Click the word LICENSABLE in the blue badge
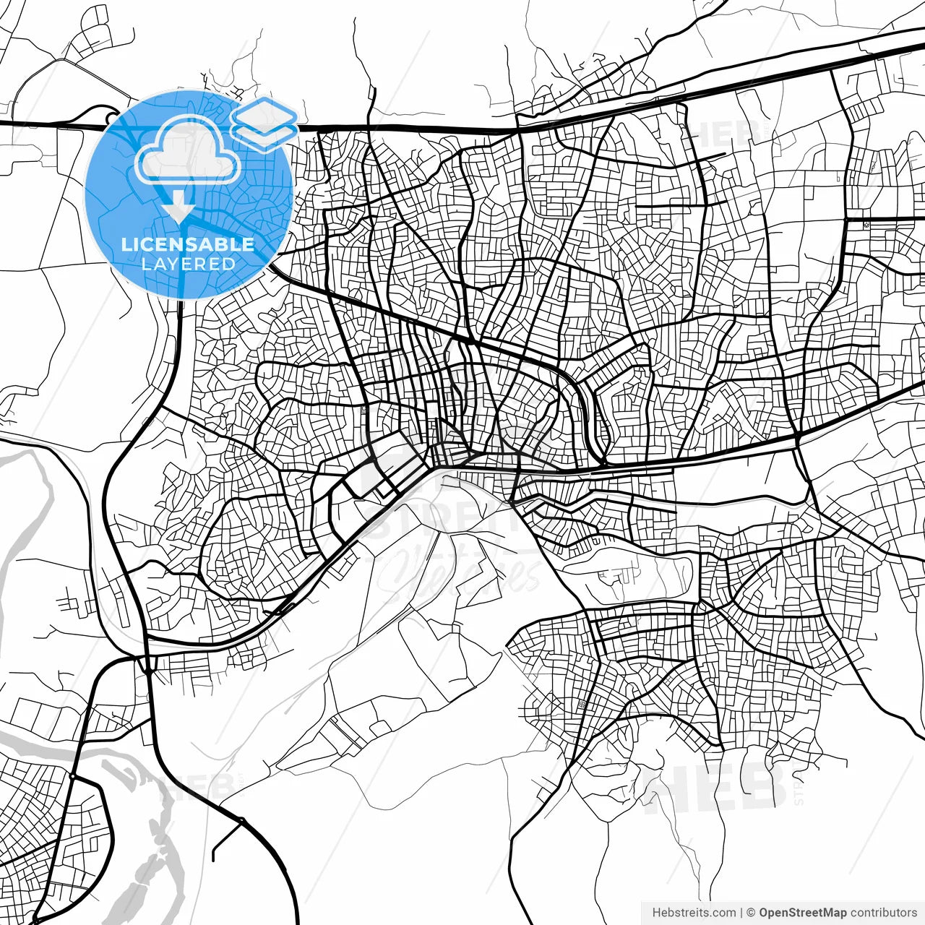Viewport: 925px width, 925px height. tap(188, 244)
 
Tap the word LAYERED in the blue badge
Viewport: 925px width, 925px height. tap(188, 264)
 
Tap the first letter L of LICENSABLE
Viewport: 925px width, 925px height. tap(126, 244)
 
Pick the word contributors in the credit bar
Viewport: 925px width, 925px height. tap(883, 913)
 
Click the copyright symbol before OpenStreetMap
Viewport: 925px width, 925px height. tap(751, 913)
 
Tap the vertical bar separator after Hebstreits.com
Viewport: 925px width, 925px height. tap(741, 913)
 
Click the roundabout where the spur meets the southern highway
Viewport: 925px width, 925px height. tap(242, 819)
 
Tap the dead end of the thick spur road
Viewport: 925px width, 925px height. tap(214, 859)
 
